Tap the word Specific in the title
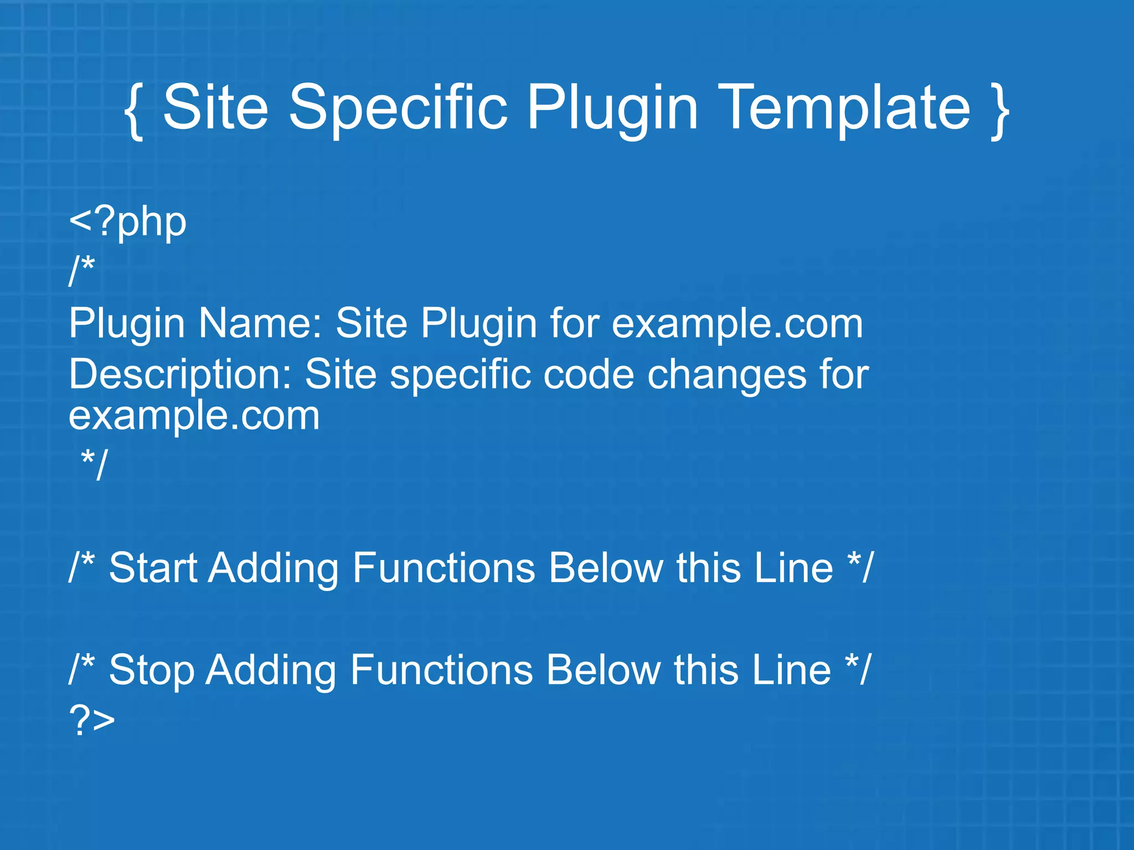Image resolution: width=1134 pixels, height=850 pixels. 398,108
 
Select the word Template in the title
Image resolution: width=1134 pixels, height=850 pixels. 847,108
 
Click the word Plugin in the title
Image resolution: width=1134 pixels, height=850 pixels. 612,108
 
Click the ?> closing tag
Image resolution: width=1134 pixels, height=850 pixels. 92,721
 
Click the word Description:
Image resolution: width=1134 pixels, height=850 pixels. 180,375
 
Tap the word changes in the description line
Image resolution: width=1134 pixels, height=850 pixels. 727,375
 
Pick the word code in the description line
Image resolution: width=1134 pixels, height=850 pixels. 589,375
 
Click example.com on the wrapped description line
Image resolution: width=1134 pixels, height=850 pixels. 194,416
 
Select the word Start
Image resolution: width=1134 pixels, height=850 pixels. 153,568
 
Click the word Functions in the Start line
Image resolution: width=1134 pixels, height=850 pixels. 444,568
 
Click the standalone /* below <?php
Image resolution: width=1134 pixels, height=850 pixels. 82,271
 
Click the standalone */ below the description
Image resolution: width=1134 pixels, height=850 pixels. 94,464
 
